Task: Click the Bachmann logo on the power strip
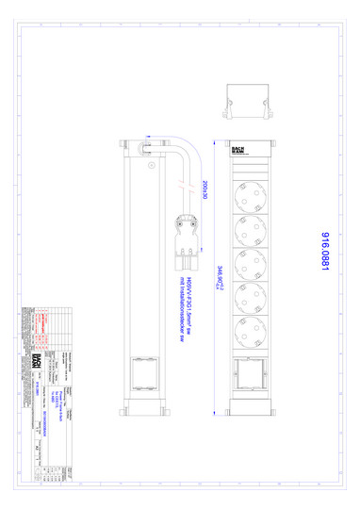pos(240,150)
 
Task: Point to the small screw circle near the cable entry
pos(150,164)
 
